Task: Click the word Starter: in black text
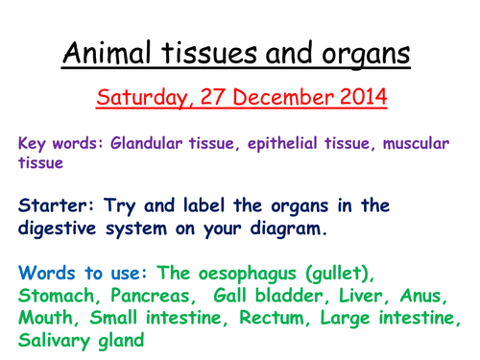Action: click(62, 206)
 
